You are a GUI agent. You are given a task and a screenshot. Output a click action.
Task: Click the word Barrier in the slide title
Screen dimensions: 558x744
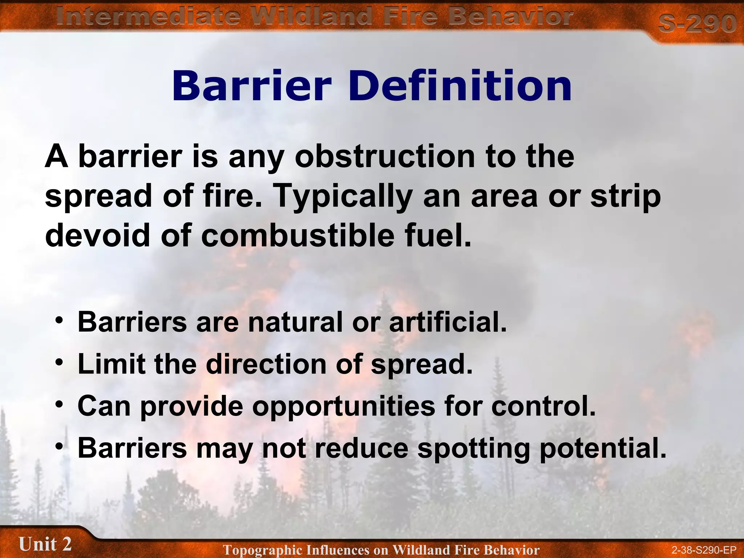(251, 86)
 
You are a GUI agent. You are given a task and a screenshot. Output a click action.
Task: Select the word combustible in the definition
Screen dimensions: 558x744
(298, 235)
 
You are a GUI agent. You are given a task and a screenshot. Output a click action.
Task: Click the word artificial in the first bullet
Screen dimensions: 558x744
(448, 322)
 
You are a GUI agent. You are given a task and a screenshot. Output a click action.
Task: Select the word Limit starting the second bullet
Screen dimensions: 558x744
(111, 364)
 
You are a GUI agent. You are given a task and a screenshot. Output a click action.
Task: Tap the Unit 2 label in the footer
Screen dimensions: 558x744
(45, 544)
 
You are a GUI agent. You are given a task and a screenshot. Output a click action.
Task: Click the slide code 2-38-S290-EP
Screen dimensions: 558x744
(704, 550)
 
